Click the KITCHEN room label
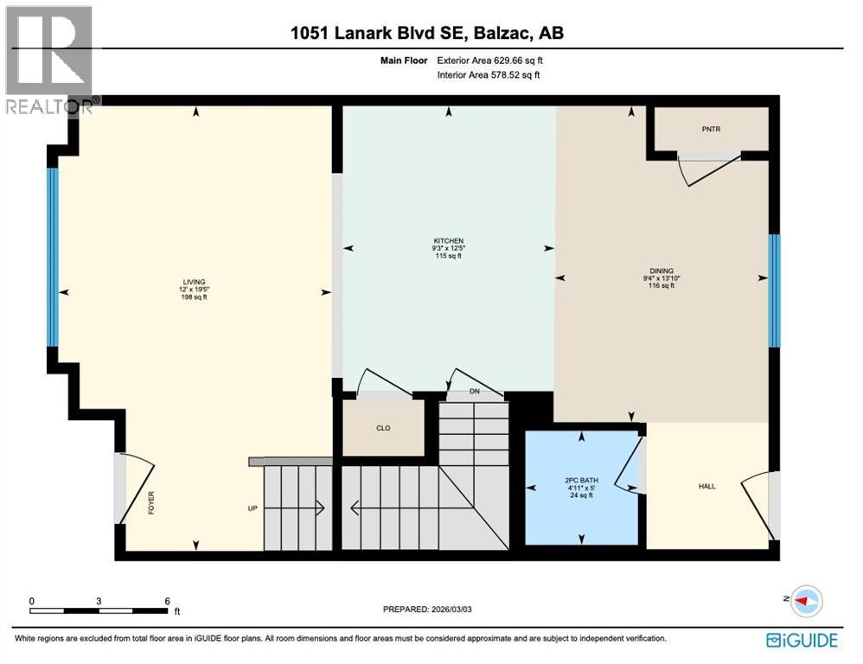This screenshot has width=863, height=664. click(449, 241)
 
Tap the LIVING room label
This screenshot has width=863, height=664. click(194, 282)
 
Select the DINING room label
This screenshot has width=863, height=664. click(663, 271)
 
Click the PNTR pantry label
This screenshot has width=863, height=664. click(711, 130)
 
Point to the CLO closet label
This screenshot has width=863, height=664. click(384, 427)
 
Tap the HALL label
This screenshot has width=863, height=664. click(706, 487)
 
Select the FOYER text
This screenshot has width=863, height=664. click(150, 503)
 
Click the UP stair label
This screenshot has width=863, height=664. click(253, 508)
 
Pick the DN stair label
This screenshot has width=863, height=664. click(474, 392)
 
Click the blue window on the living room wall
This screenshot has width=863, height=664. click(53, 257)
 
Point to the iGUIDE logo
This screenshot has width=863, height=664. click(802, 641)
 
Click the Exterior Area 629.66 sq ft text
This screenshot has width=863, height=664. click(490, 61)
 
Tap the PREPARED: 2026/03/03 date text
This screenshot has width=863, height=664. click(428, 610)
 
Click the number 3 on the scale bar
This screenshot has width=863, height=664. click(99, 601)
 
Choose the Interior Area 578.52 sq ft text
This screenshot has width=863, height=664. click(489, 75)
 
